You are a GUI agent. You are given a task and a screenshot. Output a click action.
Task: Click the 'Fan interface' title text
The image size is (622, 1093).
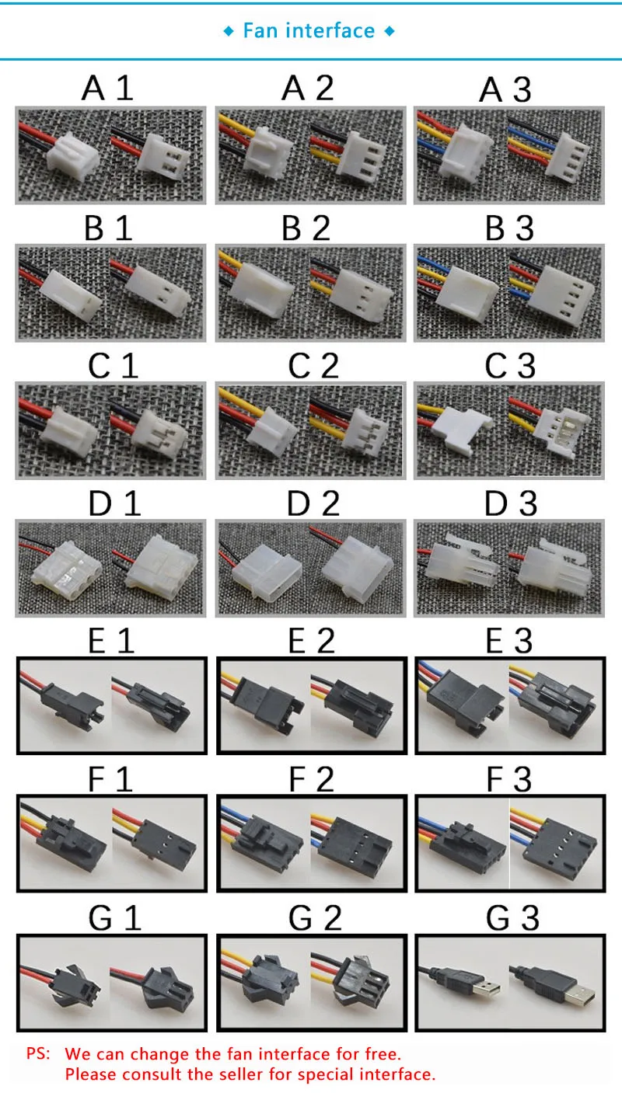pos(309,31)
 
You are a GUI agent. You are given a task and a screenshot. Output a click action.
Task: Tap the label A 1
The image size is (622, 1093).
pos(107,89)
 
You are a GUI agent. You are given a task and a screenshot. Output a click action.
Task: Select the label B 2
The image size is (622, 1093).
pos(306,228)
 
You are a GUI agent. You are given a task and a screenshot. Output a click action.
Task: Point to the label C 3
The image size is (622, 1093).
pos(510,365)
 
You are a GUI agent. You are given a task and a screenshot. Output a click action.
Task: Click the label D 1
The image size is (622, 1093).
pos(115,503)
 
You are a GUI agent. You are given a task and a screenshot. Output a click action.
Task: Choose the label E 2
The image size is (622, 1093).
pos(312,641)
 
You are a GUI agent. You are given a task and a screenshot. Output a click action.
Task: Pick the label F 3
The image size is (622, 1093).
pos(508,779)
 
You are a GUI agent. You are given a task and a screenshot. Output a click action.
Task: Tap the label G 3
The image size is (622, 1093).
pos(512,918)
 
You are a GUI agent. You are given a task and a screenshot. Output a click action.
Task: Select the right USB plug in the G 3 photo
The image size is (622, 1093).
pos(561,985)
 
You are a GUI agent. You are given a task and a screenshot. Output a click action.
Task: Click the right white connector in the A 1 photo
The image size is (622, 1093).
pos(163,155)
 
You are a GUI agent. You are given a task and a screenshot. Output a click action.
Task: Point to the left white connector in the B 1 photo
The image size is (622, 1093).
pos(70,295)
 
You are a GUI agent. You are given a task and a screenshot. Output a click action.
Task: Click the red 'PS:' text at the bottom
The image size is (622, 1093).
pos(38,1053)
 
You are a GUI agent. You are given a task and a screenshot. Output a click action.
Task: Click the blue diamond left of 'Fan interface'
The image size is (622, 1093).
pos(228,32)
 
